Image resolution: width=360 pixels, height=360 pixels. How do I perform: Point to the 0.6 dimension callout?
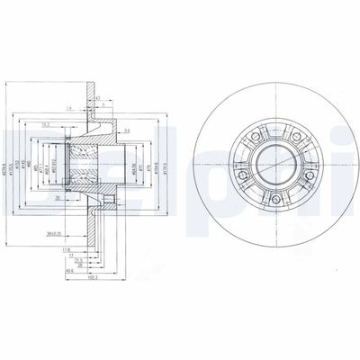(x=127, y=130)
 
